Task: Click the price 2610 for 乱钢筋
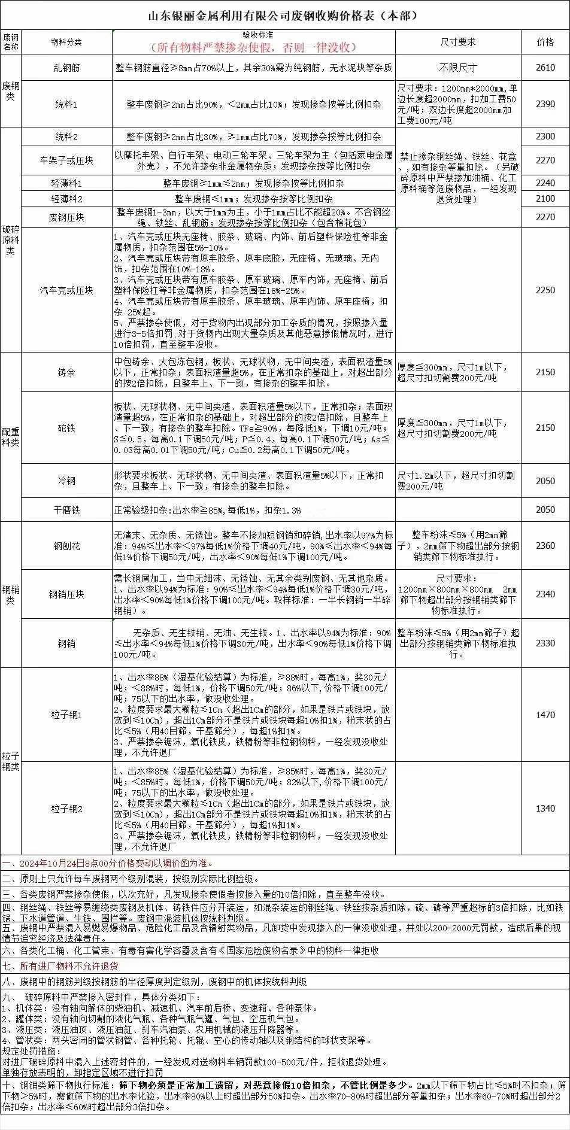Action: click(545, 68)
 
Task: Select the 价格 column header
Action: click(545, 42)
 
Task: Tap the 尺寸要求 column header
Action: click(458, 42)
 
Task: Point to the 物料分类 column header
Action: click(66, 42)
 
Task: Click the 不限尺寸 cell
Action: click(458, 68)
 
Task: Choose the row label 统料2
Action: click(66, 136)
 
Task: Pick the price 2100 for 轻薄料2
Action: click(545, 199)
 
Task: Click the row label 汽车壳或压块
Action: click(66, 290)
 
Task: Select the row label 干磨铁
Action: click(66, 510)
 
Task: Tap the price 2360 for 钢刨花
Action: click(545, 546)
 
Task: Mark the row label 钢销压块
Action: click(66, 594)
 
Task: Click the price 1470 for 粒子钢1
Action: click(545, 715)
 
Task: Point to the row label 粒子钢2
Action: click(66, 809)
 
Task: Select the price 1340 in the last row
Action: click(545, 809)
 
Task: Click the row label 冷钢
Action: click(66, 481)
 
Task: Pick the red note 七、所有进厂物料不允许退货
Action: click(60, 966)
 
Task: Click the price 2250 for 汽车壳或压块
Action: click(545, 290)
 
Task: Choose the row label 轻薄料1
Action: click(66, 183)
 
